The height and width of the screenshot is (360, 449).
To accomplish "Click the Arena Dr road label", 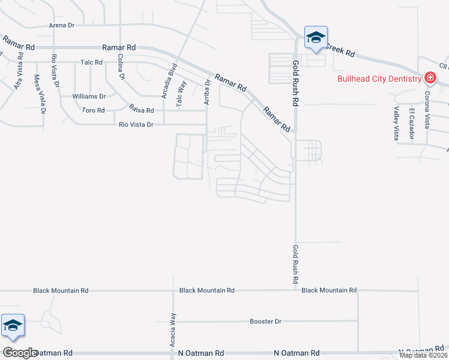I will tap(61, 26).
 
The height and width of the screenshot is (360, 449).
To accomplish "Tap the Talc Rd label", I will tap(92, 62).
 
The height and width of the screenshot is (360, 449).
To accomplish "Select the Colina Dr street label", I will tap(121, 67).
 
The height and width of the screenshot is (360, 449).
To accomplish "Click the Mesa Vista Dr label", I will tap(40, 94).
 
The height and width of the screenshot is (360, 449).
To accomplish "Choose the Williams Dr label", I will tap(88, 96).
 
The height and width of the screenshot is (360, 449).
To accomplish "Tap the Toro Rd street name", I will tap(93, 110).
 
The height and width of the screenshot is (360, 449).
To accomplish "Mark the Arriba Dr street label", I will tap(207, 92).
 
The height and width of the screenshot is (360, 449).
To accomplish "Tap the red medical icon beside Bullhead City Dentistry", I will tap(430, 78).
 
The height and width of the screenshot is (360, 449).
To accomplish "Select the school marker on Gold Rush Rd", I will tap(316, 37).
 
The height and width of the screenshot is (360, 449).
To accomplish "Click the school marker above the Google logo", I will tap(13, 325).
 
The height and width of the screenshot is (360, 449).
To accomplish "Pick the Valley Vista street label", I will tap(397, 124).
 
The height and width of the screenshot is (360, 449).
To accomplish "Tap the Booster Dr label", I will tap(265, 322).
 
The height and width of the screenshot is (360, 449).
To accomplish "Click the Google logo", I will tap(20, 353).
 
